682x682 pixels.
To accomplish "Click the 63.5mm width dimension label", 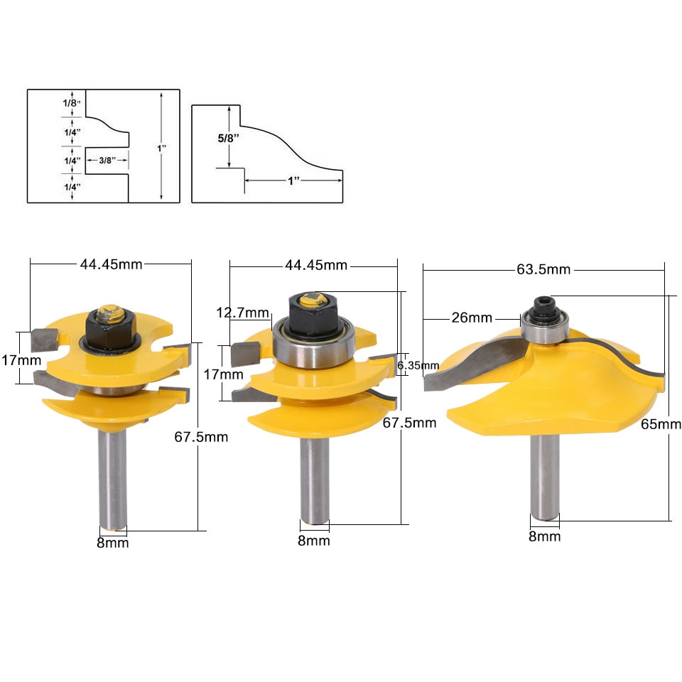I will pyautogui.click(x=543, y=269).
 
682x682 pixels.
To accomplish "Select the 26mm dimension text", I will pyautogui.click(x=472, y=318).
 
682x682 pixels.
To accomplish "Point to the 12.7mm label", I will pyautogui.click(x=244, y=313).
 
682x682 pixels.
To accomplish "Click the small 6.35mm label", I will pyautogui.click(x=418, y=365).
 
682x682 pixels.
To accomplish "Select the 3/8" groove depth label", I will pyautogui.click(x=107, y=160).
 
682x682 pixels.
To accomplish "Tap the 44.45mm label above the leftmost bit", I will pyautogui.click(x=110, y=264).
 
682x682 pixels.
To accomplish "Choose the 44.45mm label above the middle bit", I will pyautogui.click(x=316, y=265).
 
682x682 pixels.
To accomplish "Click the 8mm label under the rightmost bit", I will pyautogui.click(x=544, y=536).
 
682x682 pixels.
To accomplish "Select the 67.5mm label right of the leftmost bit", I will pyautogui.click(x=201, y=437).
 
